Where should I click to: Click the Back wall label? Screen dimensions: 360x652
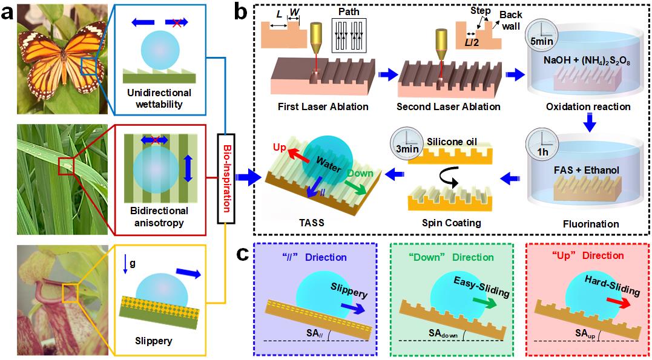[510, 21]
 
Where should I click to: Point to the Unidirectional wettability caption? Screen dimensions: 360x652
[160, 99]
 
